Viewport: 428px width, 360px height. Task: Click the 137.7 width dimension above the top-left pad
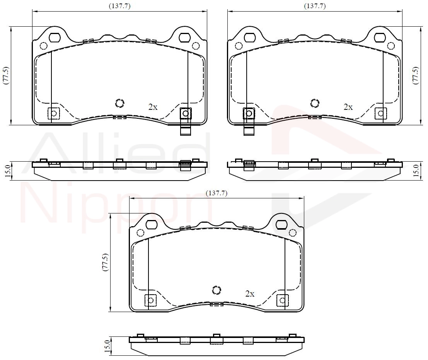click(119, 6)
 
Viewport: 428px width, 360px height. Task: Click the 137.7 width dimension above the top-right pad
click(315, 6)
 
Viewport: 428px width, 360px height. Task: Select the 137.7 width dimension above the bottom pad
click(217, 193)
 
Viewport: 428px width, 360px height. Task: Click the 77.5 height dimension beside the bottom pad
click(106, 262)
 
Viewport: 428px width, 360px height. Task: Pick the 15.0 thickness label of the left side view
click(7, 170)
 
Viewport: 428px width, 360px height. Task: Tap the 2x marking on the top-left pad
click(153, 107)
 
